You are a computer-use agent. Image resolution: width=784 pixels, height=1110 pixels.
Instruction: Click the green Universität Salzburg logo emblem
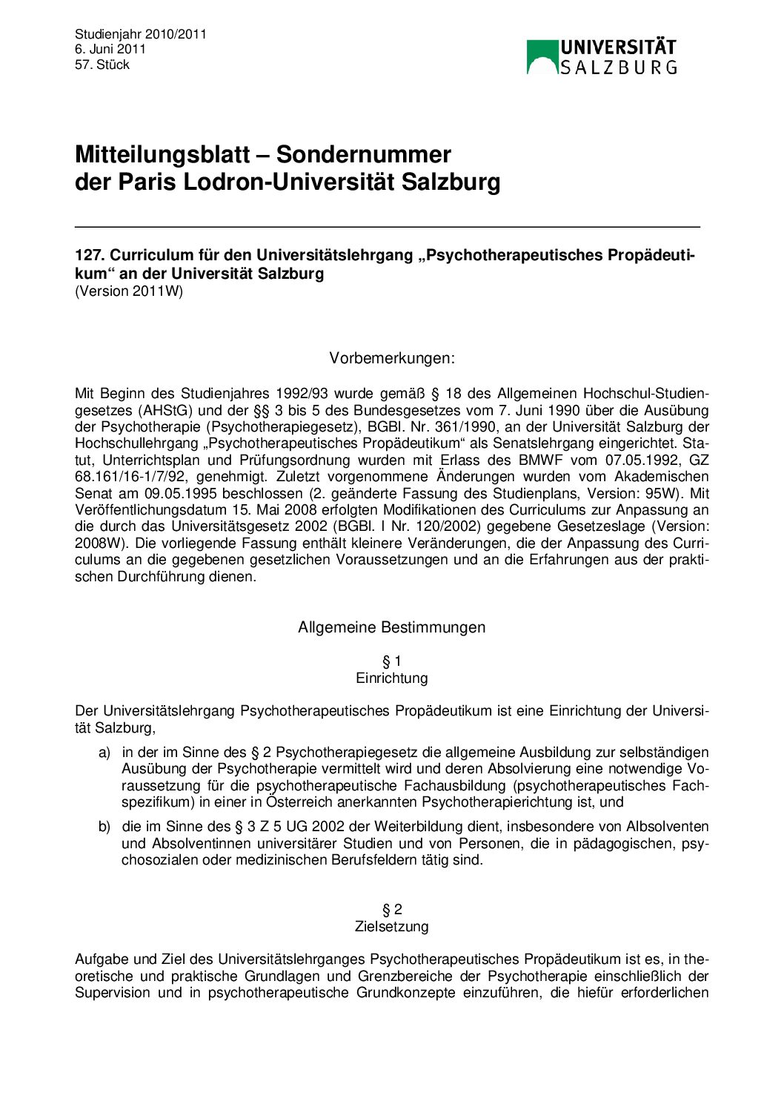[542, 57]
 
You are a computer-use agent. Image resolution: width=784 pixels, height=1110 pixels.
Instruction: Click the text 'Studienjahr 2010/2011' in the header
[140, 34]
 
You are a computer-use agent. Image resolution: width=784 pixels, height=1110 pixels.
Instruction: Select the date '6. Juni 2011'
[110, 50]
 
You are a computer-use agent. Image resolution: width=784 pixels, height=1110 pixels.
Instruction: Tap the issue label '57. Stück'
[102, 65]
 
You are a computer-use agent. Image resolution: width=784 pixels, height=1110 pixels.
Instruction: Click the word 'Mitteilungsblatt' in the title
[162, 155]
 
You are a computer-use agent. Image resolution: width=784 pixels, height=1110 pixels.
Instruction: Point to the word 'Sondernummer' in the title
[363, 155]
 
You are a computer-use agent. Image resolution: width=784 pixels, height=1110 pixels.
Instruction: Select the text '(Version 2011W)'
[129, 291]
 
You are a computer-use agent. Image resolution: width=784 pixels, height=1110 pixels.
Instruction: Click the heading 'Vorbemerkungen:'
[392, 359]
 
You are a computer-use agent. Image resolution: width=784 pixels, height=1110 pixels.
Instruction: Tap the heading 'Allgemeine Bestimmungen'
[392, 627]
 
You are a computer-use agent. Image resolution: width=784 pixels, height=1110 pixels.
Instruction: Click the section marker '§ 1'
[392, 661]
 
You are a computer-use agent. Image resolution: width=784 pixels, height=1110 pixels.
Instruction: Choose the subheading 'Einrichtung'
[392, 678]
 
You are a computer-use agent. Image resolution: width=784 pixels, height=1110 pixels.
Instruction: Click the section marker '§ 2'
[392, 910]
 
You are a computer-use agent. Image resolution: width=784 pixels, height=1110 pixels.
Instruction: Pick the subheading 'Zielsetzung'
[392, 927]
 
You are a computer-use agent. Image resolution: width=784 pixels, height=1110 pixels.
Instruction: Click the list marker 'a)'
[104, 753]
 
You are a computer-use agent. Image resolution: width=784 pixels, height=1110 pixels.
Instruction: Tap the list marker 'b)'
[104, 827]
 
